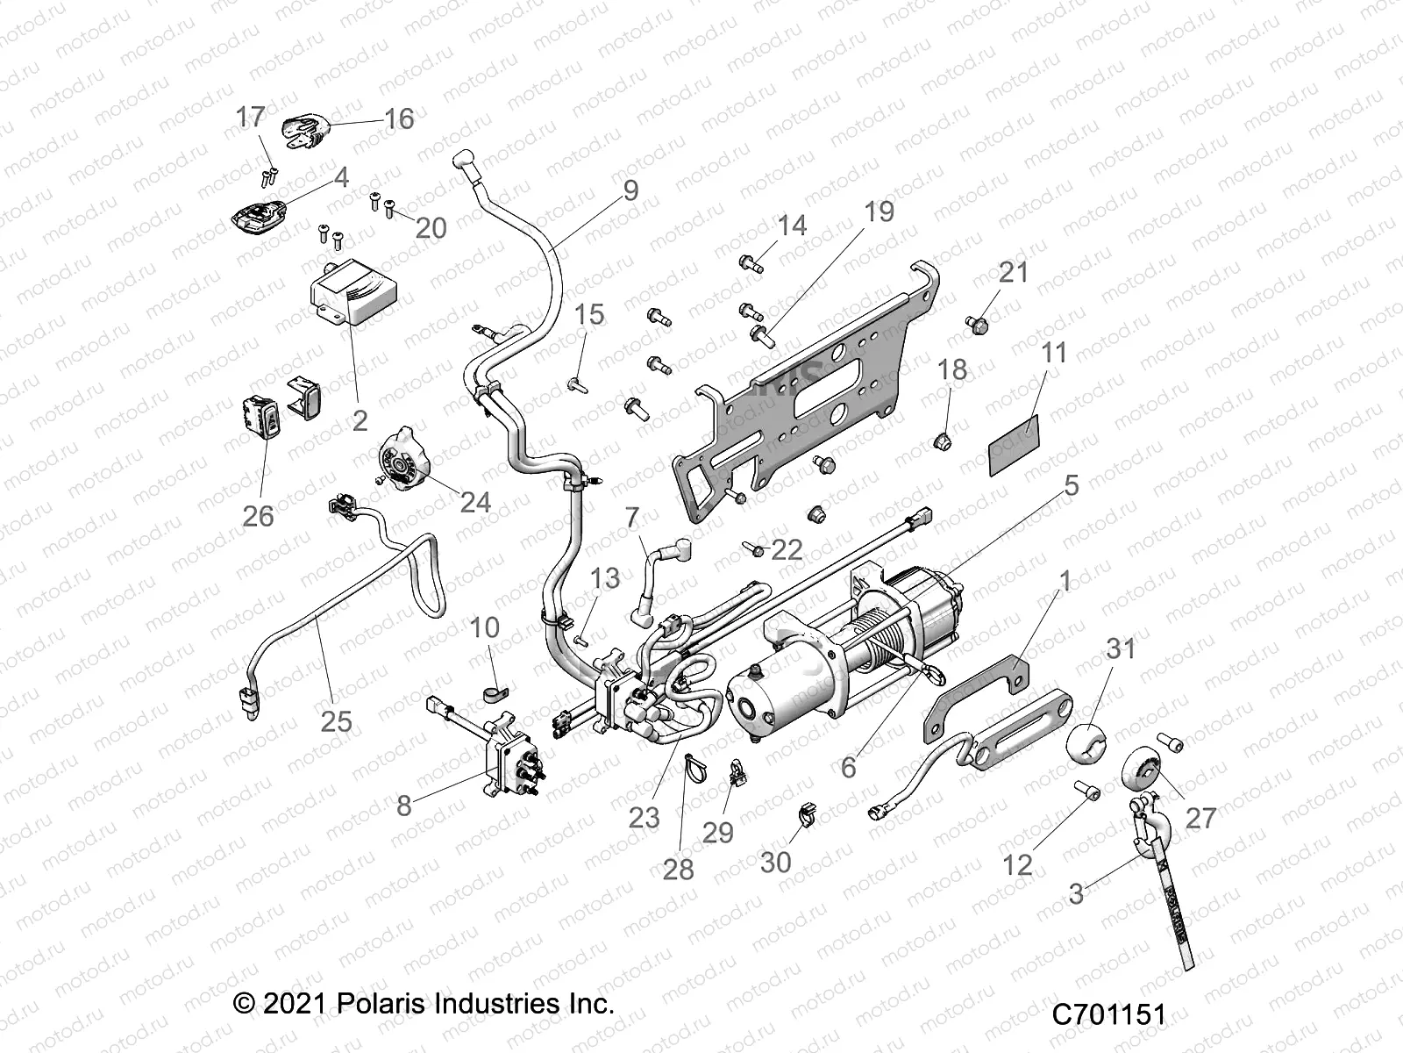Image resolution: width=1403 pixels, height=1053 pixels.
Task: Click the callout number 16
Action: tap(399, 118)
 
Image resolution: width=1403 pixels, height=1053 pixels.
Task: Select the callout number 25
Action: tap(336, 721)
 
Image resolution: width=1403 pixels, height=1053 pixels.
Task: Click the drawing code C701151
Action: tap(1109, 1016)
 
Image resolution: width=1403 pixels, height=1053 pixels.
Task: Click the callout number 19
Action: tap(878, 211)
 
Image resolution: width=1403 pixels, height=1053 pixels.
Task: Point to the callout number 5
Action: tap(1072, 484)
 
